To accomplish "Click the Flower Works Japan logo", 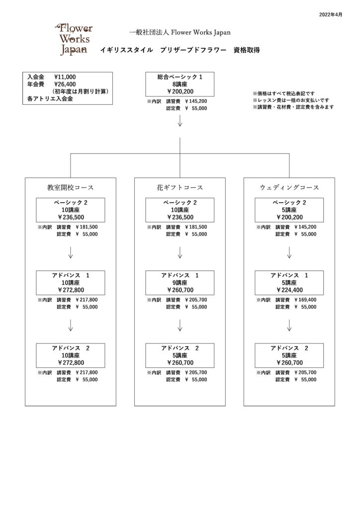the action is pyautogui.click(x=74, y=39).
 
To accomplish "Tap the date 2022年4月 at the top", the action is pyautogui.click(x=331, y=14).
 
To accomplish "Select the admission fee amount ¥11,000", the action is pyautogui.click(x=65, y=77).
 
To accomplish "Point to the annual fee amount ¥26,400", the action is pyautogui.click(x=65, y=85).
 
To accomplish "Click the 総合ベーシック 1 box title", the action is pyautogui.click(x=180, y=77).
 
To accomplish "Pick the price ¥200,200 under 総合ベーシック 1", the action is pyautogui.click(x=180, y=91).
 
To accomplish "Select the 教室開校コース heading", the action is pyautogui.click(x=71, y=187).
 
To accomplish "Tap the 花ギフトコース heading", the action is pyautogui.click(x=180, y=187).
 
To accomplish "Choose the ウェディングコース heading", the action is pyautogui.click(x=289, y=187).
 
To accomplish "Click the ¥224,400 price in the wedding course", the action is pyautogui.click(x=289, y=290).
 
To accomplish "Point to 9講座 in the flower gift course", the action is pyautogui.click(x=180, y=283).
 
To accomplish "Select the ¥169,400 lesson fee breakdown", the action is pyautogui.click(x=305, y=300).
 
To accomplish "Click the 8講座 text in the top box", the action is pyautogui.click(x=180, y=85).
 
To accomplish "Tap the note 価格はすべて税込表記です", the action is pyautogui.click(x=284, y=93).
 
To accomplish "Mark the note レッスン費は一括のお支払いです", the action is pyautogui.click(x=291, y=100).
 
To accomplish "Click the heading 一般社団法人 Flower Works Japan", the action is pyautogui.click(x=180, y=32).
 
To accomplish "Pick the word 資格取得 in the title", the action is pyautogui.click(x=247, y=50).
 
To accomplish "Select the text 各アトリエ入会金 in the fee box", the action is pyautogui.click(x=50, y=99).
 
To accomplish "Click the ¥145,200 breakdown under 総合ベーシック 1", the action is pyautogui.click(x=196, y=101).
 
